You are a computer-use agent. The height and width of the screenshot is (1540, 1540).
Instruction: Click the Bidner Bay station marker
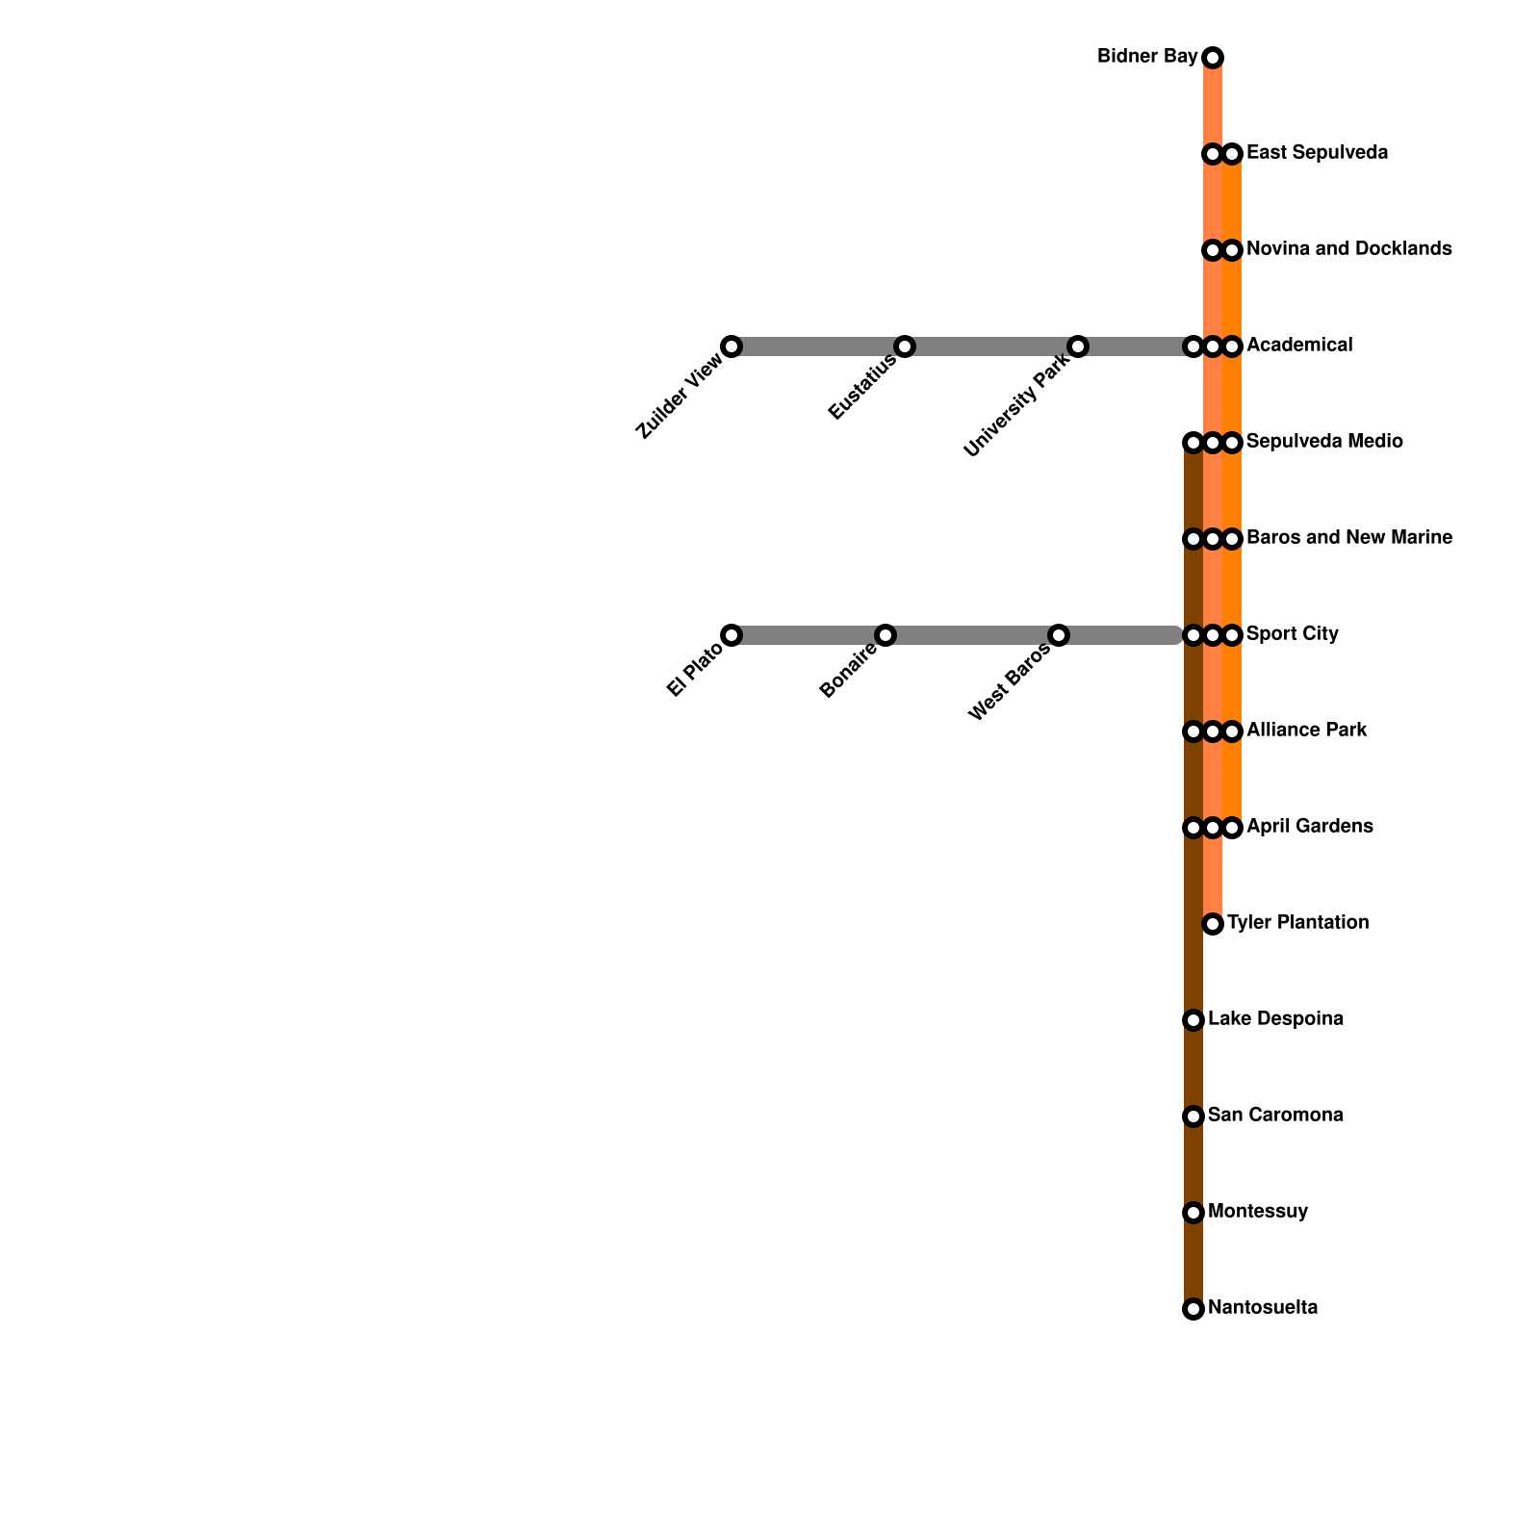tap(1213, 58)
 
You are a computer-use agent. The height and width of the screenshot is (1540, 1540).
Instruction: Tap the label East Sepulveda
tap(1317, 153)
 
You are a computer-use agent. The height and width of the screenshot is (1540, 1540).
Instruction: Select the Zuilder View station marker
tap(731, 346)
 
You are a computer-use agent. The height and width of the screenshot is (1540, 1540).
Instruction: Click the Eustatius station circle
tap(905, 346)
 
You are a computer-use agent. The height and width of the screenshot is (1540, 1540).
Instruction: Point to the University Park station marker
tap(1078, 346)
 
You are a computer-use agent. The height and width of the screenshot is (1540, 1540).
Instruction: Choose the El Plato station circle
tap(731, 635)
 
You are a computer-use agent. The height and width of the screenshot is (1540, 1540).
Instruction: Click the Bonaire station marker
tap(885, 635)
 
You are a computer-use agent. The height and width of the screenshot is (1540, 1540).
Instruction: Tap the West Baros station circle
tap(1059, 635)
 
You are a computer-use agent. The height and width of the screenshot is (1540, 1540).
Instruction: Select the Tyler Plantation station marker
tap(1213, 924)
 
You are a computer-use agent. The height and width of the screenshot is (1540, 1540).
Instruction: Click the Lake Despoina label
tap(1275, 1019)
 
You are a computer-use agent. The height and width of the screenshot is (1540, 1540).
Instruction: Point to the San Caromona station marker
tap(1193, 1116)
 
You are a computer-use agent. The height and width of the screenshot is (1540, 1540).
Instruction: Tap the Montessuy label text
tap(1258, 1212)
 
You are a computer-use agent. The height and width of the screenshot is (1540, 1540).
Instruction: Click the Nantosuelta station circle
tap(1193, 1309)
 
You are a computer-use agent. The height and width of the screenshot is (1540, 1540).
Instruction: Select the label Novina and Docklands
tap(1348, 249)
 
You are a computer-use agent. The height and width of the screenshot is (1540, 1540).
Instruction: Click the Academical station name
tap(1299, 346)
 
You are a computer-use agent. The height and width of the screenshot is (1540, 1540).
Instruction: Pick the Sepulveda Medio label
tap(1324, 442)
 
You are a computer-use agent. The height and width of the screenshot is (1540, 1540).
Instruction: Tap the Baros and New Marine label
tap(1349, 538)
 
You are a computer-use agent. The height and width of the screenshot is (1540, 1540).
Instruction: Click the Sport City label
tap(1292, 634)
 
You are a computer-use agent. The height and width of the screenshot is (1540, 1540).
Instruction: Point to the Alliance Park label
tap(1306, 731)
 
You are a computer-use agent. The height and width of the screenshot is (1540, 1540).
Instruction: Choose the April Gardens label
tap(1309, 827)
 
